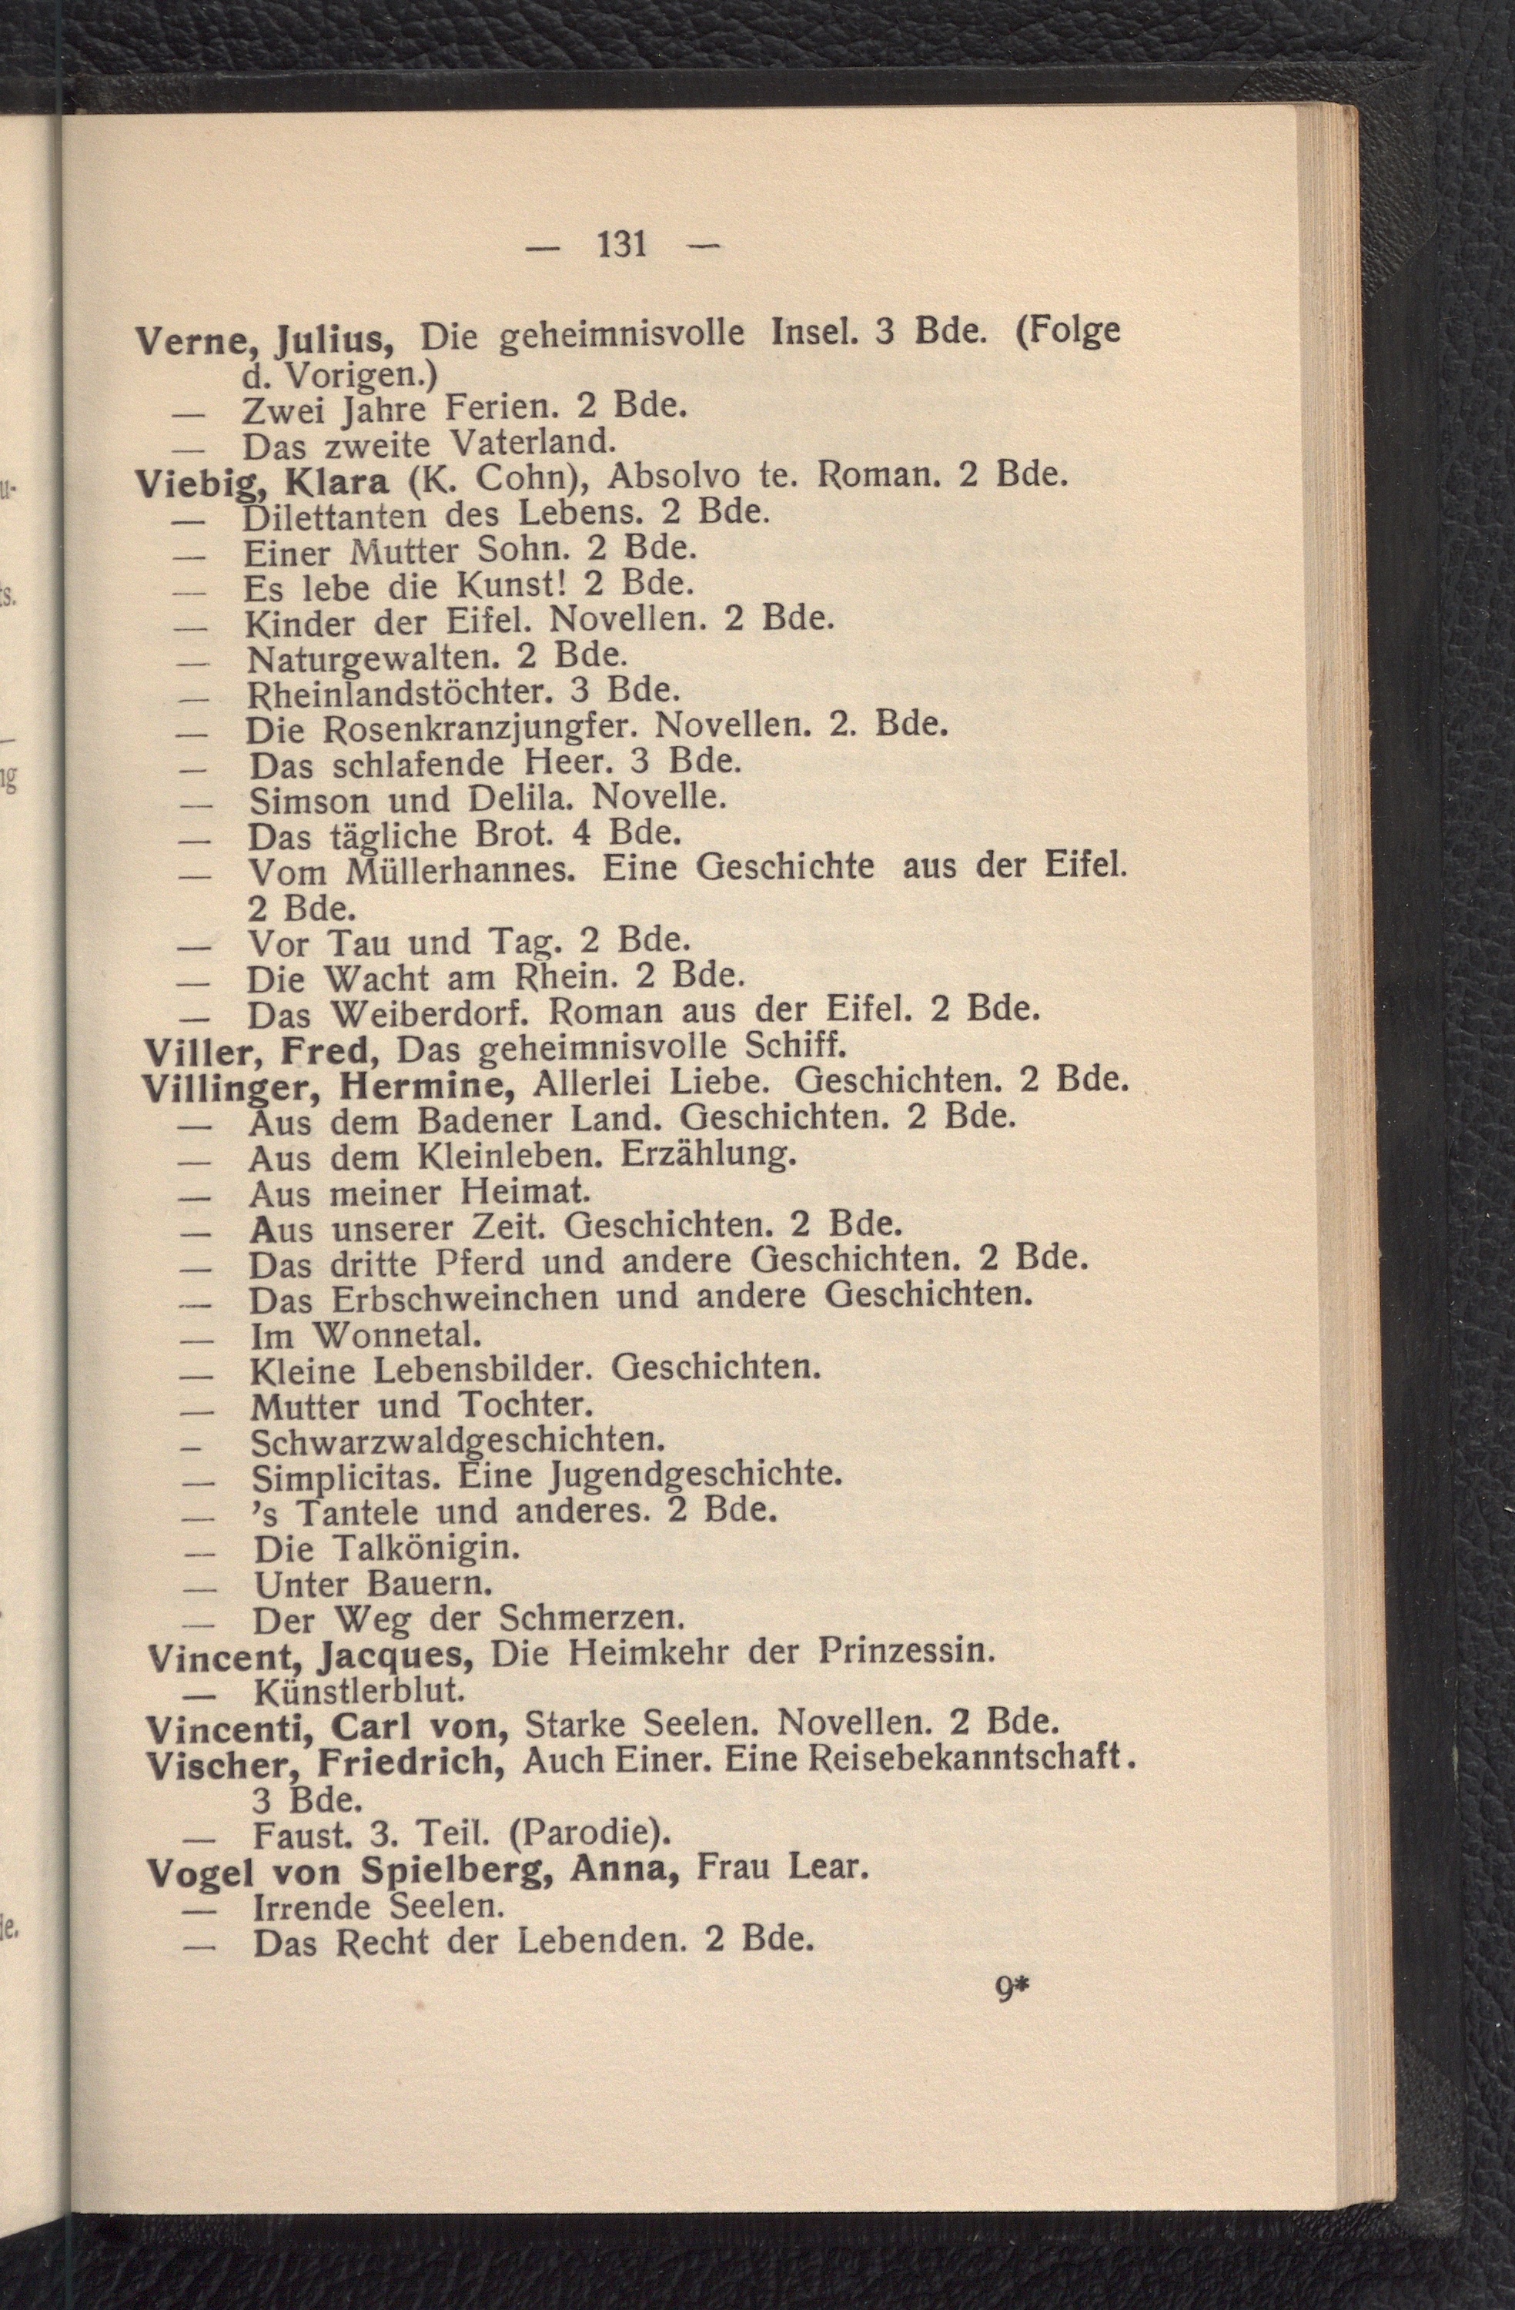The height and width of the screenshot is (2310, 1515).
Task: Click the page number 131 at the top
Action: point(622,243)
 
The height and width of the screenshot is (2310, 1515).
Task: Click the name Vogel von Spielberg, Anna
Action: point(410,1870)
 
